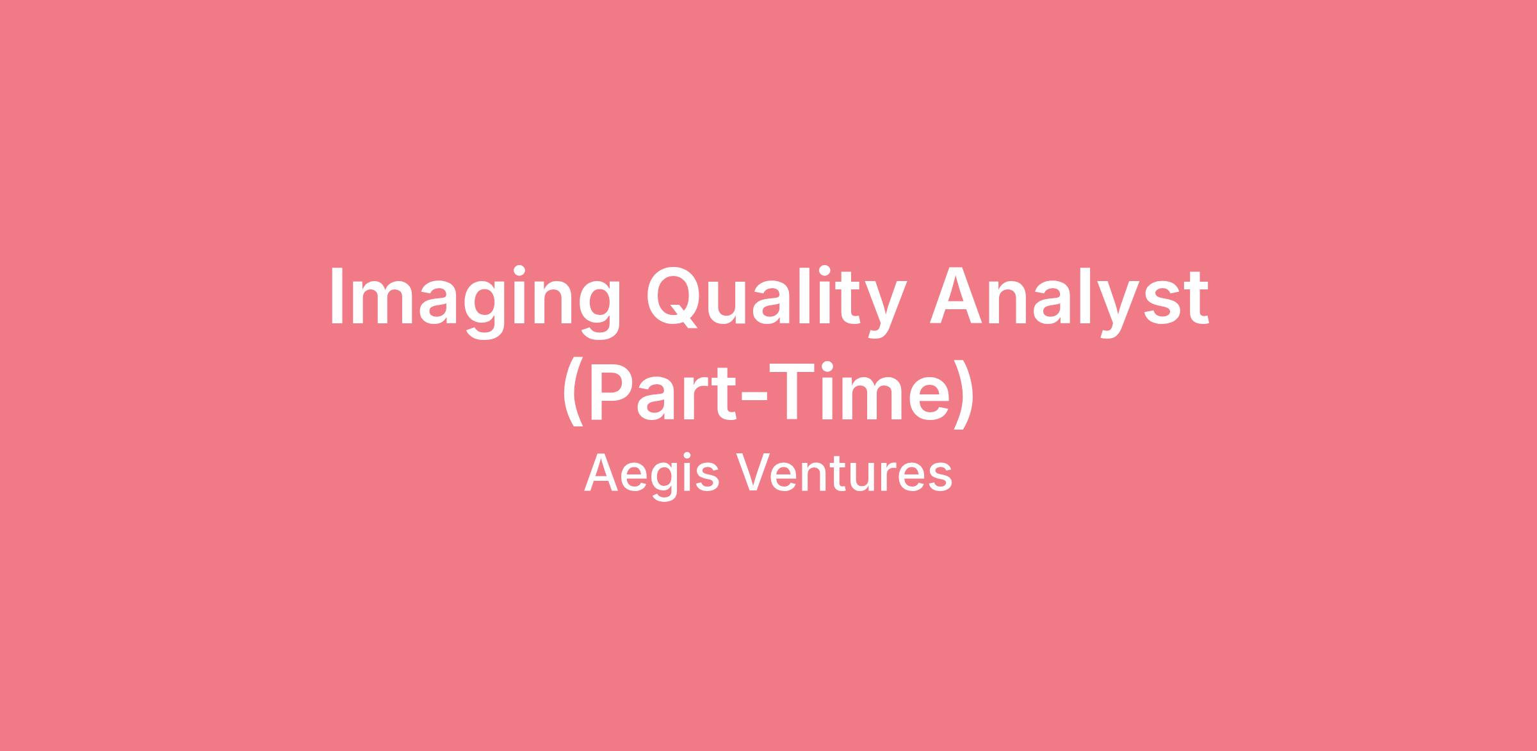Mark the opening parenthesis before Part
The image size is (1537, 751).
pyautogui.click(x=573, y=394)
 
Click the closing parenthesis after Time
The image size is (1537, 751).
pyautogui.click(x=964, y=394)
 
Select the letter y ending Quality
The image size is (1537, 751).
pyautogui.click(x=888, y=311)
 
